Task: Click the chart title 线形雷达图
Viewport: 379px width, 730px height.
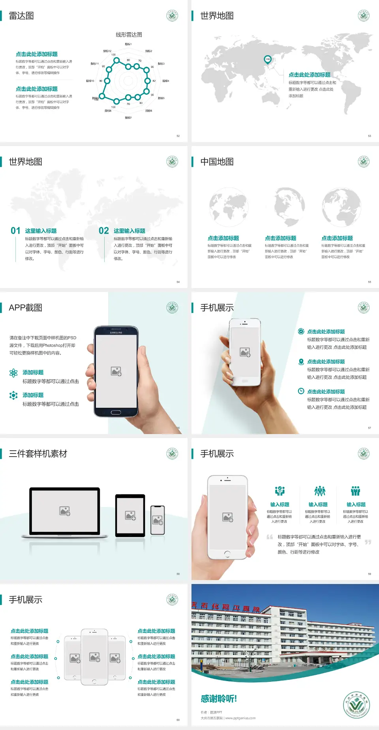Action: click(x=129, y=35)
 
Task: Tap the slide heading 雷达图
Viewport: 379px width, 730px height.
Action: click(x=21, y=16)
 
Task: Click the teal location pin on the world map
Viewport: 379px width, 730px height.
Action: click(x=268, y=59)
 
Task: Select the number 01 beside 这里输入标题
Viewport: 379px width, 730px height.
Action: click(x=15, y=231)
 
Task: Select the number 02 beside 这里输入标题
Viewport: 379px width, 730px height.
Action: click(x=104, y=231)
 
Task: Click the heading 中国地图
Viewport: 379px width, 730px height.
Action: click(x=217, y=162)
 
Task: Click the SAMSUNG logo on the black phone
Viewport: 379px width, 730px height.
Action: click(x=116, y=333)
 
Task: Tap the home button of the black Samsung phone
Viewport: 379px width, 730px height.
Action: click(x=116, y=412)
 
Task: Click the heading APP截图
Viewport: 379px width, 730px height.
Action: click(x=25, y=308)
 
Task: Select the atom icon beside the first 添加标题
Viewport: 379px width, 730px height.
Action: click(x=13, y=373)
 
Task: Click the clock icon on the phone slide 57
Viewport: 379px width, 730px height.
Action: click(x=301, y=391)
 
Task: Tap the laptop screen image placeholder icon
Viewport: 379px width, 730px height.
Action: click(x=65, y=511)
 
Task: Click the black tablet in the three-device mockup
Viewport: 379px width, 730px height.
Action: click(x=130, y=515)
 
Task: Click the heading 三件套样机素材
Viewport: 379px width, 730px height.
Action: click(x=38, y=454)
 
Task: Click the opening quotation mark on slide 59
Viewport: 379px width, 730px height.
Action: click(x=270, y=537)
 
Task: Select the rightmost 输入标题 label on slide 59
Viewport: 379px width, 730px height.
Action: click(x=356, y=504)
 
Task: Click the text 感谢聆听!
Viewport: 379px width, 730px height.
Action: click(x=219, y=699)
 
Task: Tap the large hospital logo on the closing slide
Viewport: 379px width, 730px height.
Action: click(x=356, y=705)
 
